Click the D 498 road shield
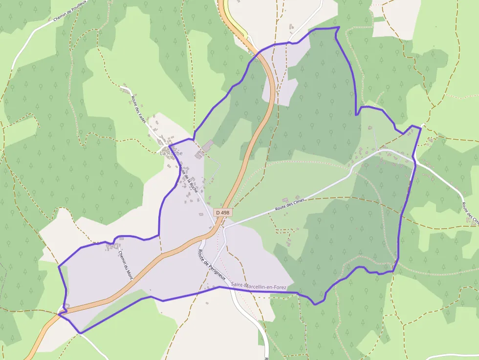222,212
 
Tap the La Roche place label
171,153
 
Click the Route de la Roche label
188,177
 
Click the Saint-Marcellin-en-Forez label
259,284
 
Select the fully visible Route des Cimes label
290,204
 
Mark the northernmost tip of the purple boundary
337,27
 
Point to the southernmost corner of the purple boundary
80,333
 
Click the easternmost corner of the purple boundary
420,128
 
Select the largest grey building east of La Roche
208,146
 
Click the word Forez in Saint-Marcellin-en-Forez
279,284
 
